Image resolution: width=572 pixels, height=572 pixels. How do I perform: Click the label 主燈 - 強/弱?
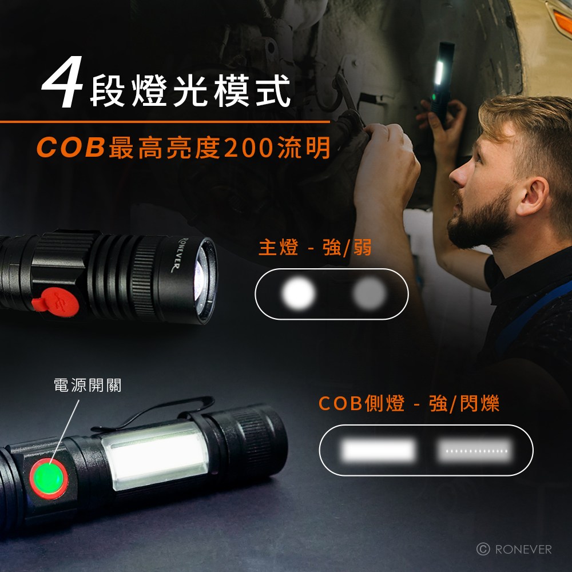click(x=315, y=248)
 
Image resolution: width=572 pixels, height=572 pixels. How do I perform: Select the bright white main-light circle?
click(x=299, y=294)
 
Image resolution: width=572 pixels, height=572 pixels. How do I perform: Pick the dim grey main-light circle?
click(x=369, y=294)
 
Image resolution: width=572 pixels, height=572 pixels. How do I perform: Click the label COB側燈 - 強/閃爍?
click(x=408, y=404)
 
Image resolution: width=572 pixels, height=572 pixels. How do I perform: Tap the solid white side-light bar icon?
click(x=378, y=450)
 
